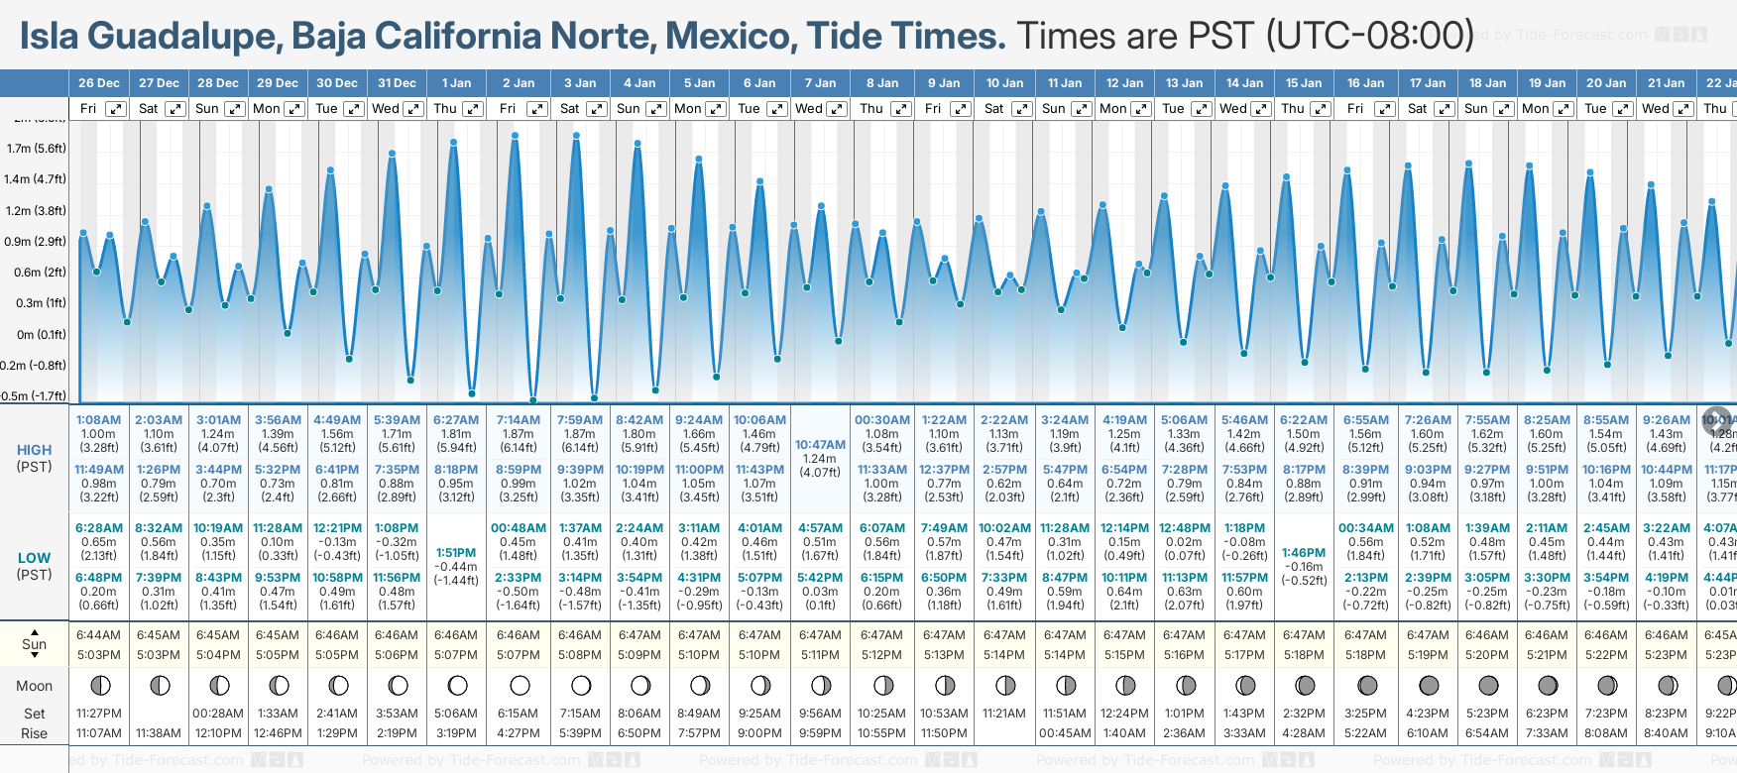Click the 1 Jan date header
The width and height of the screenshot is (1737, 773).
coord(456,83)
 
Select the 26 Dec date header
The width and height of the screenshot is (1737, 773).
coord(99,83)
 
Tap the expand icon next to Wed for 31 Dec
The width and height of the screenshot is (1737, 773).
coord(413,109)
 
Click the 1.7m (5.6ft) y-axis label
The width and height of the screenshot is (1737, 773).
coord(36,149)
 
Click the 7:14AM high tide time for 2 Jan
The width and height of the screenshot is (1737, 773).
coord(519,420)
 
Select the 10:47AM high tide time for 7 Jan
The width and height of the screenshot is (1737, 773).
coord(820,445)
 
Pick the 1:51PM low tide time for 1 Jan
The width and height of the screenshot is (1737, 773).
coord(456,553)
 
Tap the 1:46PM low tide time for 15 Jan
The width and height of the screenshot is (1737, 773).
coord(1304,553)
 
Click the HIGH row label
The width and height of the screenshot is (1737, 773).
coord(34,450)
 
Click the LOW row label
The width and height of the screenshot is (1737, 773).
coord(34,558)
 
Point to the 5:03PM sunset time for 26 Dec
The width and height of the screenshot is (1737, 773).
coord(99,655)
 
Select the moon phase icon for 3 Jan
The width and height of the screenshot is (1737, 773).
coord(581,685)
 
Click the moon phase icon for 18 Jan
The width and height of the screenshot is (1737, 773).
coord(1488,685)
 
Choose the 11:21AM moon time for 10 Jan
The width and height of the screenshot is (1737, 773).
coord(1004,714)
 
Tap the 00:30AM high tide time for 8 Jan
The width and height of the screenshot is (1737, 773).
coord(880,420)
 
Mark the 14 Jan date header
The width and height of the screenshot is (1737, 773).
coord(1244,83)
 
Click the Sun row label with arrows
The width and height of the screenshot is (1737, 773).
coord(34,644)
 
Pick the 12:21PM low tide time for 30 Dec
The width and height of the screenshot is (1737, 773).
coord(338,528)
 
